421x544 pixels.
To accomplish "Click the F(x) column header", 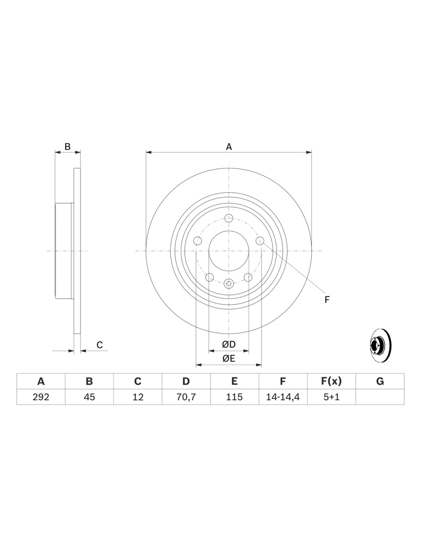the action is point(331,381).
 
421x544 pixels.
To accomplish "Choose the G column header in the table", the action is point(380,381).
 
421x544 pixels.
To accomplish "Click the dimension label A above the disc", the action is point(229,147).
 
